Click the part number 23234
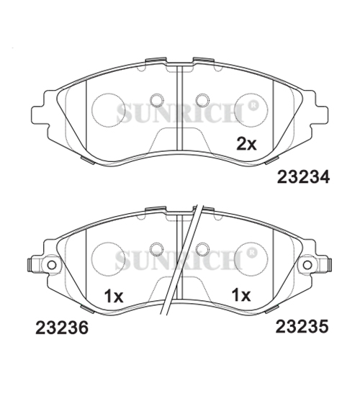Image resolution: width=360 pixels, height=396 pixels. pyautogui.click(x=303, y=176)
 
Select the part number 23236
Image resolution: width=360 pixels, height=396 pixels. pyautogui.click(x=62, y=328)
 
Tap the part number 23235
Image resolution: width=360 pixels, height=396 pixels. pyautogui.click(x=302, y=326)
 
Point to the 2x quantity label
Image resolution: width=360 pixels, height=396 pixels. pyautogui.click(x=246, y=144)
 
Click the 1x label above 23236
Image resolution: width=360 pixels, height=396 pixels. pyautogui.click(x=114, y=296)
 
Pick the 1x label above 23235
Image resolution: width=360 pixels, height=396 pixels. pyautogui.click(x=241, y=295)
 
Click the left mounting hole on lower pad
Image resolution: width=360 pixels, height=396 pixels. pyautogui.click(x=52, y=265)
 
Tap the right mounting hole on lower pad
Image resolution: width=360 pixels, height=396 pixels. pyautogui.click(x=307, y=265)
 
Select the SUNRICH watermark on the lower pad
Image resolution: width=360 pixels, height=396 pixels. pyautogui.click(x=179, y=261)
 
